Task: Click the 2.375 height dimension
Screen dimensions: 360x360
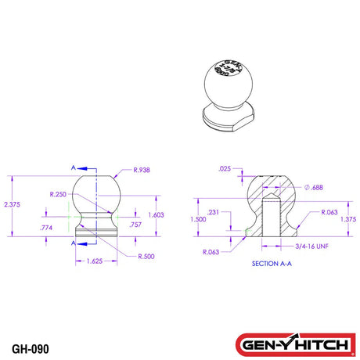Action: (12, 204)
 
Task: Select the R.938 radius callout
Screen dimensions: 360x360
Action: (143, 170)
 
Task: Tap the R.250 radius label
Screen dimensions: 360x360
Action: (57, 193)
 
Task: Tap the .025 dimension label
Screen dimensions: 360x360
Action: (225, 168)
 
